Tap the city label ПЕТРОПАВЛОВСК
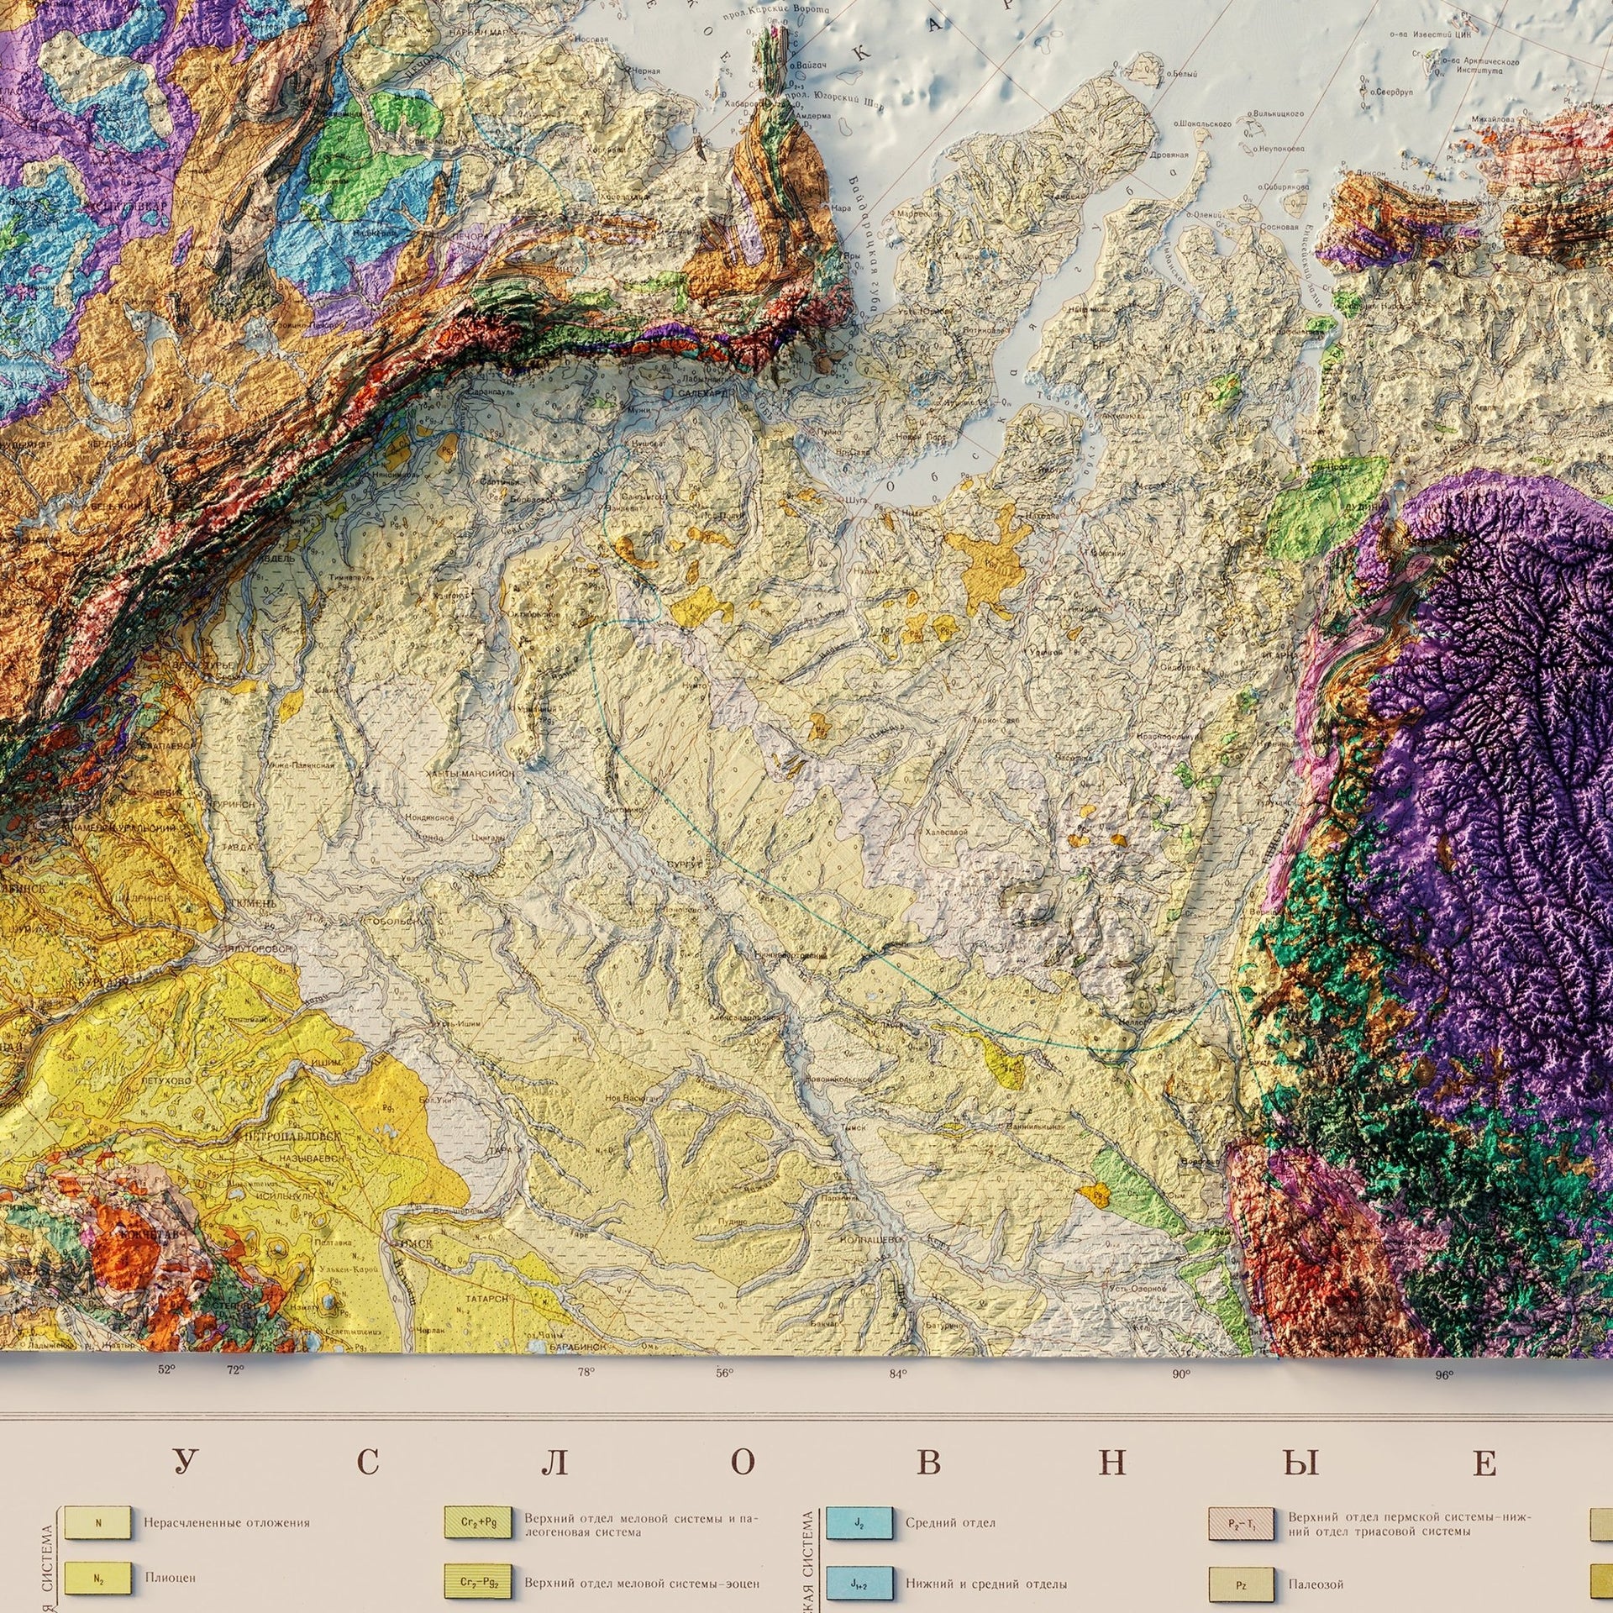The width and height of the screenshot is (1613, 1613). (292, 1135)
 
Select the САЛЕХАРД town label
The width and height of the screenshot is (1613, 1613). (704, 392)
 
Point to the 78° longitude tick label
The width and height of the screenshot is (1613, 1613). (586, 1373)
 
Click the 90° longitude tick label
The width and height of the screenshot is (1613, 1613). (1181, 1374)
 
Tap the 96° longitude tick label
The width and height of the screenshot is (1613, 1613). (1443, 1376)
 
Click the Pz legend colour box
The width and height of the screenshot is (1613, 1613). (1242, 1584)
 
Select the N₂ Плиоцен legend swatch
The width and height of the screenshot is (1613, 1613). (98, 1578)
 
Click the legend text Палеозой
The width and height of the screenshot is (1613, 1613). (1316, 1584)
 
